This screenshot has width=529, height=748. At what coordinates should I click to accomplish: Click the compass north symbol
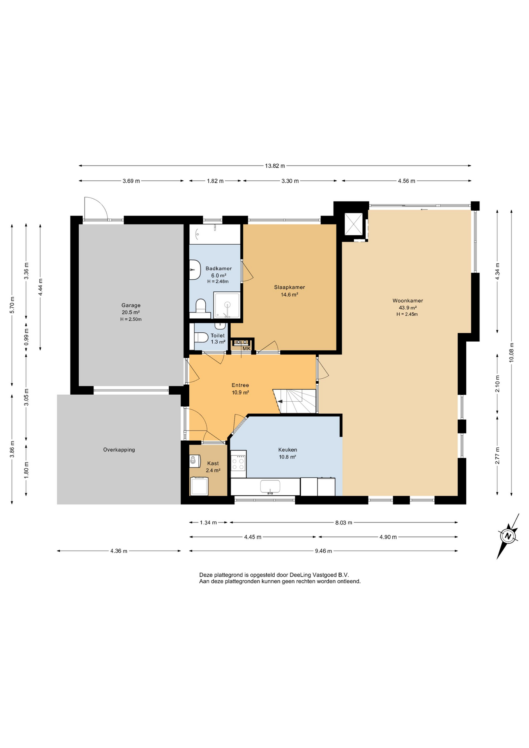(508, 536)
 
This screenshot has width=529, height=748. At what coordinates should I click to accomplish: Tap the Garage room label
(131, 305)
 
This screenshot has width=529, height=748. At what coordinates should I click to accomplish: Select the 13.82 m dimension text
(275, 166)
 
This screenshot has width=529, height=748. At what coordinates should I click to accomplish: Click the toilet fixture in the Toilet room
(201, 337)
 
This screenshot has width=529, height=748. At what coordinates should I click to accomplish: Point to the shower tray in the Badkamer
(227, 305)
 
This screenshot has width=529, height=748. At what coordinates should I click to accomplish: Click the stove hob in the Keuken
(238, 464)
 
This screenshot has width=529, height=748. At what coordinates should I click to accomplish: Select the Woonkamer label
(407, 301)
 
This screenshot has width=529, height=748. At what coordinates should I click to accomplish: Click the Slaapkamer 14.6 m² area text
(289, 295)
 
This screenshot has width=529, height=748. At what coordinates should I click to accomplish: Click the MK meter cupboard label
(247, 349)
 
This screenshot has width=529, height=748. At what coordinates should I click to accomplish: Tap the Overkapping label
(119, 450)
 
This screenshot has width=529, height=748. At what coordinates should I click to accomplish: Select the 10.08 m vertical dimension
(511, 353)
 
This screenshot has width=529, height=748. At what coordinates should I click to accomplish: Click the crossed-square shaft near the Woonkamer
(354, 224)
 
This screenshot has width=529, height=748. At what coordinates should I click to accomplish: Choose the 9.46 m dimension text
(323, 551)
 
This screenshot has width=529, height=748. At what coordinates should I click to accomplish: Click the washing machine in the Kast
(199, 486)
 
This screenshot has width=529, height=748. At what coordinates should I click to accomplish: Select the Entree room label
(240, 385)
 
